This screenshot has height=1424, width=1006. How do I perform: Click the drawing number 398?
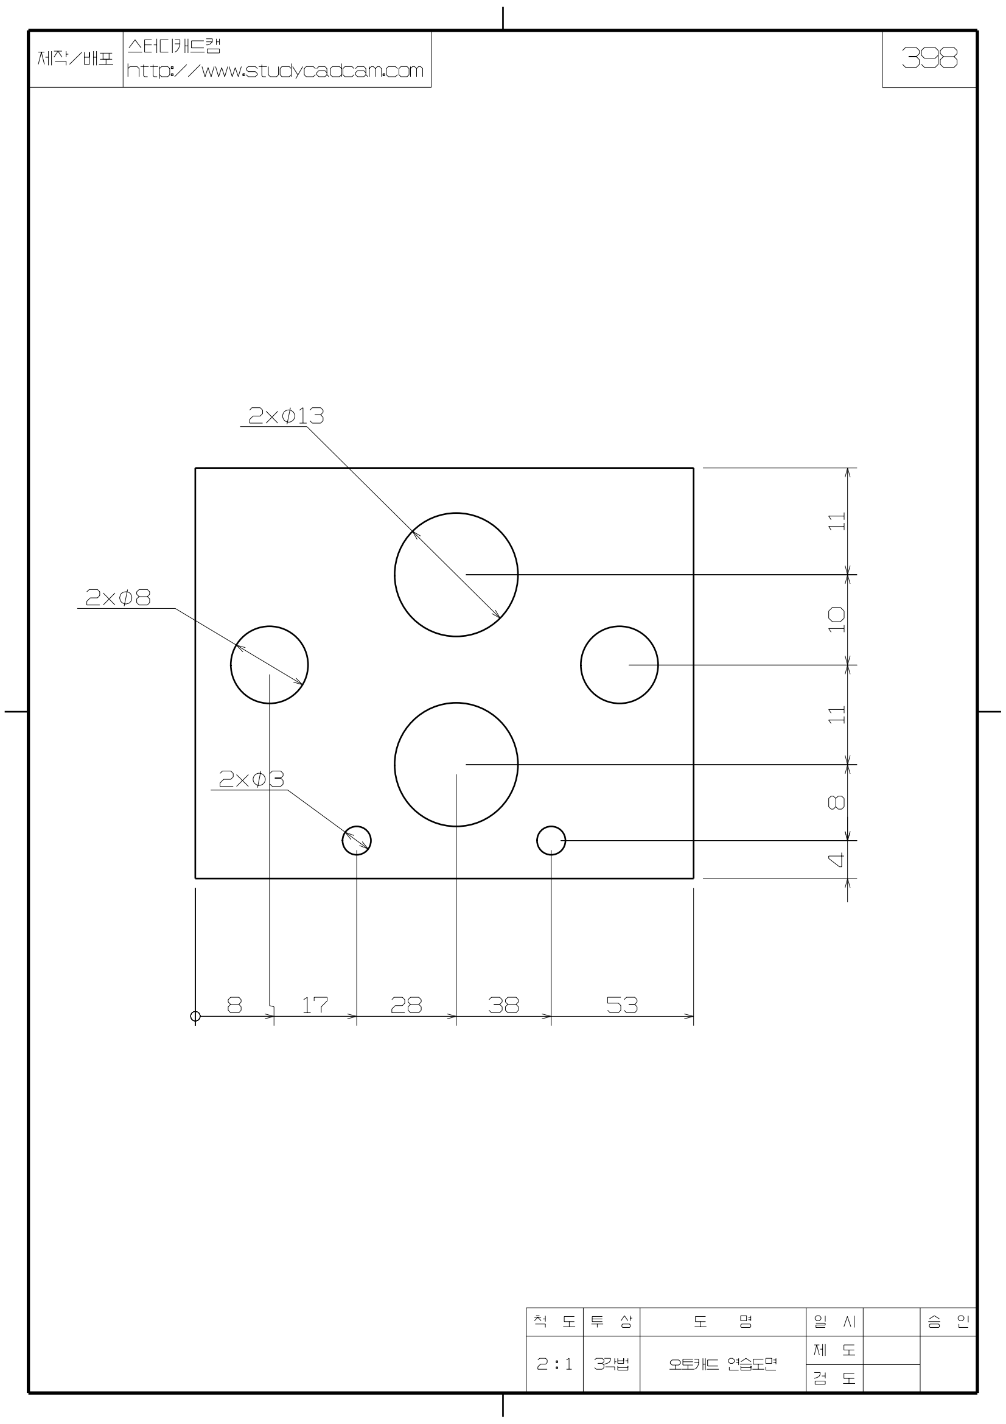pyautogui.click(x=929, y=58)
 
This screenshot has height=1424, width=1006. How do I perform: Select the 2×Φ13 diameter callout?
pyautogui.click(x=286, y=416)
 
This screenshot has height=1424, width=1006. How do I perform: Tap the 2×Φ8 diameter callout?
pyautogui.click(x=118, y=597)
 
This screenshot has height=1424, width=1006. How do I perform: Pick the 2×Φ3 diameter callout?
pyautogui.click(x=251, y=779)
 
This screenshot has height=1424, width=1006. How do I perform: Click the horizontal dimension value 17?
pyautogui.click(x=315, y=1005)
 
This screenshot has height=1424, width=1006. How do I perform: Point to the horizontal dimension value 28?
pyautogui.click(x=406, y=1005)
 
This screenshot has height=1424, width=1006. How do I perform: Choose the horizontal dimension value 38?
pyautogui.click(x=503, y=1005)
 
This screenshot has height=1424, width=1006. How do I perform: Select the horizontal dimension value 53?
pyautogui.click(x=622, y=1005)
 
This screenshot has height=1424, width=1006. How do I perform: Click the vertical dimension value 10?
pyautogui.click(x=836, y=620)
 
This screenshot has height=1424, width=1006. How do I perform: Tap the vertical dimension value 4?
pyautogui.click(x=836, y=860)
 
